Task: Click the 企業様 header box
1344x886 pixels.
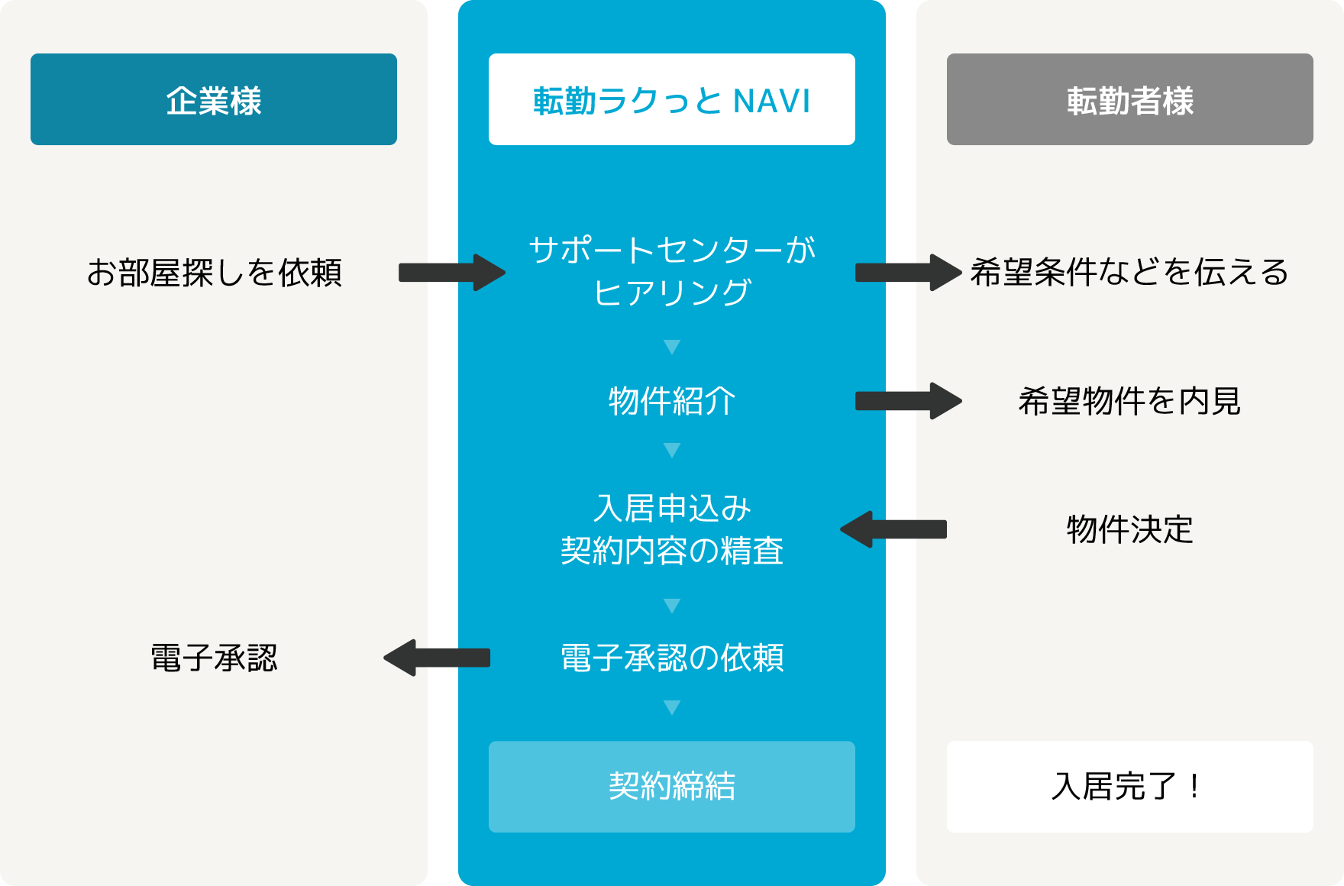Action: click(x=214, y=99)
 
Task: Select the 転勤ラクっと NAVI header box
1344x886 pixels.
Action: click(x=672, y=99)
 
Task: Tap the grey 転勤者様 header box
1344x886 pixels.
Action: click(x=1130, y=99)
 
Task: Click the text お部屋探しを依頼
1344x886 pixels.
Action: click(x=214, y=273)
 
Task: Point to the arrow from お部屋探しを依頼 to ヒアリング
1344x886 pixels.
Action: click(x=452, y=273)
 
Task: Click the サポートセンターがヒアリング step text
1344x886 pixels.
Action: click(x=672, y=271)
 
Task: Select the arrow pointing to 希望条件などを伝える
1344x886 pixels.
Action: click(x=909, y=273)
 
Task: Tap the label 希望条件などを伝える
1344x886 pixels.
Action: click(x=1129, y=273)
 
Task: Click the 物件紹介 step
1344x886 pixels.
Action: click(x=672, y=401)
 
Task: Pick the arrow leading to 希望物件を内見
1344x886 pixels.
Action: click(x=909, y=401)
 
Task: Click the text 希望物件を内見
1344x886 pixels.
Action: click(x=1129, y=401)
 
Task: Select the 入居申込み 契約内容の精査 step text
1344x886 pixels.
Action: click(x=672, y=529)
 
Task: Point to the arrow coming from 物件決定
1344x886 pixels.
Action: click(x=893, y=529)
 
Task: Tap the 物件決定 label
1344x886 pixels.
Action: click(x=1130, y=529)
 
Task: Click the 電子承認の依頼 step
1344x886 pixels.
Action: click(x=672, y=658)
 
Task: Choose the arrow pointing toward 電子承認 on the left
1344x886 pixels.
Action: click(x=437, y=658)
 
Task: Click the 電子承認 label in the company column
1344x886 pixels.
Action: click(x=214, y=658)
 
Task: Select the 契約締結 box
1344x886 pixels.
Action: click(x=672, y=787)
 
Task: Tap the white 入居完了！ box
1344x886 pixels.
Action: click(x=1130, y=787)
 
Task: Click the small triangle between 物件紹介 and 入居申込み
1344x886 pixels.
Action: click(x=672, y=450)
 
